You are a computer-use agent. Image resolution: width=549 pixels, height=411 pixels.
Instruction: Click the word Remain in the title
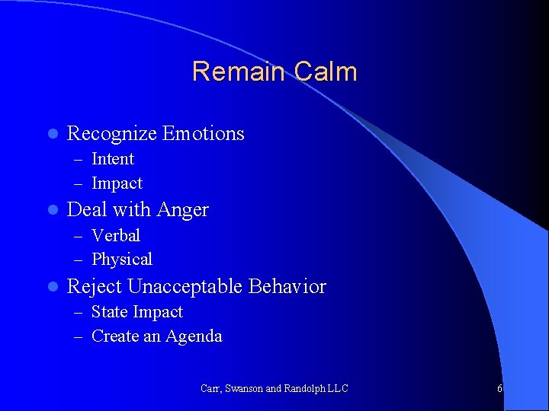[236, 72]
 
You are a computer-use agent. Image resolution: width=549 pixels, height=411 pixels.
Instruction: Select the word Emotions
[203, 134]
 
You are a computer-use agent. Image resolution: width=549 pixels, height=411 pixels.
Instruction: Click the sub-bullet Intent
[113, 159]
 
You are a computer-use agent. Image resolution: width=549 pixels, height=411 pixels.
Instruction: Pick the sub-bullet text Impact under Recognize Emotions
[117, 183]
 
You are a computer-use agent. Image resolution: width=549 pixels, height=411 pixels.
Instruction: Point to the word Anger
[183, 210]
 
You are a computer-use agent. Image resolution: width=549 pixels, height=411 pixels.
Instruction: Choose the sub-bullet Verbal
[116, 236]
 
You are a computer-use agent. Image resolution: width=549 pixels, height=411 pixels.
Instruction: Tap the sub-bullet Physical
[122, 260]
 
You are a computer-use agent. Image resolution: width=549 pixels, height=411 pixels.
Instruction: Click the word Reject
[95, 287]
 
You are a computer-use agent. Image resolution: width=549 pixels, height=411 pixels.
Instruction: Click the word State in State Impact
[110, 312]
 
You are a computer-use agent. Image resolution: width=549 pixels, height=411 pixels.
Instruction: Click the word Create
[114, 336]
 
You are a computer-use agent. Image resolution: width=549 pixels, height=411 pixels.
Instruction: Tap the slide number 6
[499, 389]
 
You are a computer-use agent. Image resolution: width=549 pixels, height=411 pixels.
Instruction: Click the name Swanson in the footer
[243, 389]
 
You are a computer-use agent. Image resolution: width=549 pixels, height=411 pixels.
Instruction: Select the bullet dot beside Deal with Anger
[52, 210]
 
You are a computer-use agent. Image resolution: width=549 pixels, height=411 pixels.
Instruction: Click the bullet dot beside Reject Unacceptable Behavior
[52, 287]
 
